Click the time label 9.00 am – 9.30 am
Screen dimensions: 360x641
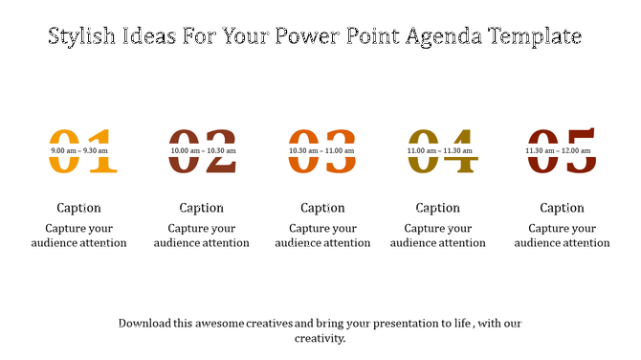[x=79, y=150]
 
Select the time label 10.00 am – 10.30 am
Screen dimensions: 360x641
[x=203, y=150]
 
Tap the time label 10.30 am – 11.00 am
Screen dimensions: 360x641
[x=322, y=150]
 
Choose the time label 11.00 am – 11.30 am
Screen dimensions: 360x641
[x=440, y=150]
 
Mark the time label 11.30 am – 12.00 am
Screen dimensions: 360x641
[x=559, y=150]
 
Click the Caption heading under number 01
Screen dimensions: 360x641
[x=78, y=208]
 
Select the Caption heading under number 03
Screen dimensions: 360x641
[x=322, y=208]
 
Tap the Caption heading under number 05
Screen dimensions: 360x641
[x=562, y=208]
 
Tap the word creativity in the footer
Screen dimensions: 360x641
[x=320, y=338]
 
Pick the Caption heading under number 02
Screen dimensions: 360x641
[x=202, y=208]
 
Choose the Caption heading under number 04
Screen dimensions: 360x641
[x=437, y=208]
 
